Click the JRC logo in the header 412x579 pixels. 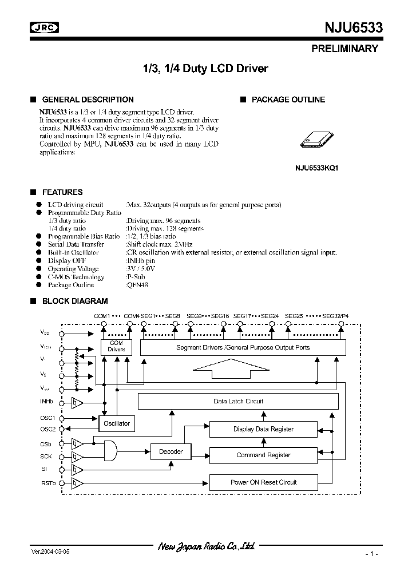click(46, 27)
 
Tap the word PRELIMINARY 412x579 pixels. click(344, 49)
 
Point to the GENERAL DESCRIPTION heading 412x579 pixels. click(88, 100)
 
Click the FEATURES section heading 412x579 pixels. click(62, 192)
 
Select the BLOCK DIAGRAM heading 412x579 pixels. click(75, 301)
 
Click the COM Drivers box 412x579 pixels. click(116, 347)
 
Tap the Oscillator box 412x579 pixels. click(117, 424)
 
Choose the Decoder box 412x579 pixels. click(171, 452)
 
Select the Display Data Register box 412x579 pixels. click(263, 429)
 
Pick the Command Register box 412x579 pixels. click(263, 455)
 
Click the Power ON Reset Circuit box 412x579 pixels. click(263, 482)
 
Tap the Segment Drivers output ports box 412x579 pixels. click(243, 347)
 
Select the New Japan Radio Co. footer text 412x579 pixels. click(206, 546)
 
